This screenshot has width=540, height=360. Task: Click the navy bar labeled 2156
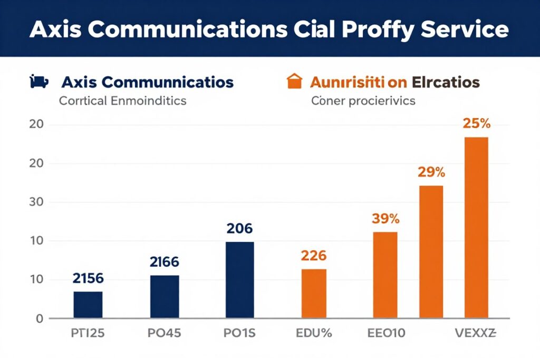pos(88,304)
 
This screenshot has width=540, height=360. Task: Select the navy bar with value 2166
pos(165,296)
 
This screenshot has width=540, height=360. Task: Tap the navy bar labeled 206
pos(239,279)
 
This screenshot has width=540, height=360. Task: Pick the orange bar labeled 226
pos(314,293)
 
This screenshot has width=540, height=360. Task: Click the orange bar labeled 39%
pos(385,275)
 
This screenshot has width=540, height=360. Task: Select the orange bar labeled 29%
pos(431,251)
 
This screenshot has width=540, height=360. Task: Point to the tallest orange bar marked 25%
pos(476,227)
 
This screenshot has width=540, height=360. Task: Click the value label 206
pos(239,229)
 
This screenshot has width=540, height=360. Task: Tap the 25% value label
pos(477,124)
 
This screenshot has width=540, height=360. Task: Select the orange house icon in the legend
pos(293,82)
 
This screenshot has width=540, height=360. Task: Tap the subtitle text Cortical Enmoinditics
pos(122,100)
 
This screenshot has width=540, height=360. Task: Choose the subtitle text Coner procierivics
pos(363,100)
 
